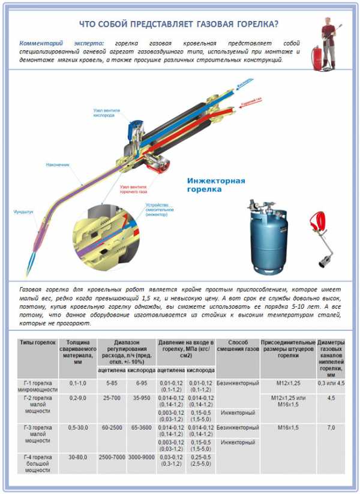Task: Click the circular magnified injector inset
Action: [x=100, y=234]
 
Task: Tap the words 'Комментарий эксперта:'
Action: [x=62, y=44]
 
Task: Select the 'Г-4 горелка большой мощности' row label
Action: [x=37, y=463]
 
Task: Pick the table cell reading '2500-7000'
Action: [x=111, y=457]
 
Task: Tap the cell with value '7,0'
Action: [x=331, y=428]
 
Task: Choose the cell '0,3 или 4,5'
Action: [x=331, y=382]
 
